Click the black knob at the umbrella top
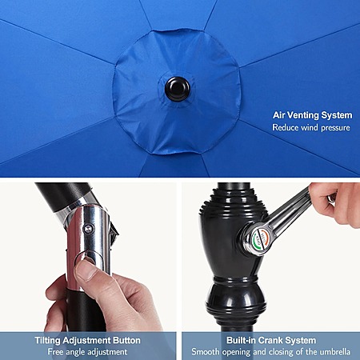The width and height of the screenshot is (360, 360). pyautogui.click(x=178, y=89)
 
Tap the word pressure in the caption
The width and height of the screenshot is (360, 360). pyautogui.click(x=335, y=128)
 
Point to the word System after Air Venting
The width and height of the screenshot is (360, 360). pyautogui.click(x=337, y=115)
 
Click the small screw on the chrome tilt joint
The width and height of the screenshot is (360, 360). pyautogui.click(x=88, y=229)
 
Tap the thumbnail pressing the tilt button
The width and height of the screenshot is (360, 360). pyautogui.click(x=86, y=270)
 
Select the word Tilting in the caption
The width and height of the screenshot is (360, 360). pyautogui.click(x=48, y=341)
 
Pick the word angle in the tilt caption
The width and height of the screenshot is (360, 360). pyautogui.click(x=76, y=353)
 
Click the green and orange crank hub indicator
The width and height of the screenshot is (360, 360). pyautogui.click(x=260, y=238)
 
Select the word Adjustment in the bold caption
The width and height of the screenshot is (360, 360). pyautogui.click(x=86, y=341)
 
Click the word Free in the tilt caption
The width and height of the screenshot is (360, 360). pyautogui.click(x=55, y=352)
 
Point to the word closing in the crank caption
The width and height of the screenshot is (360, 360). pyautogui.click(x=286, y=353)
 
